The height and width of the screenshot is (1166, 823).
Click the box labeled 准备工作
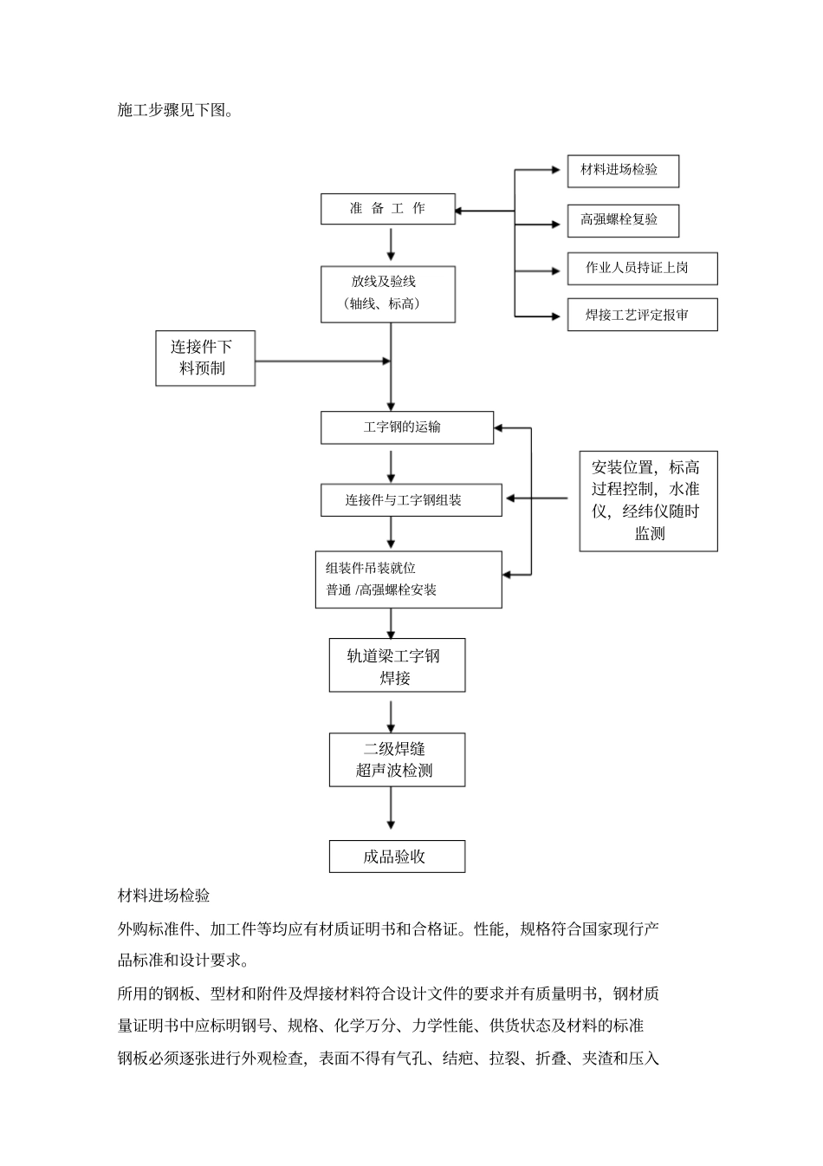[387, 209]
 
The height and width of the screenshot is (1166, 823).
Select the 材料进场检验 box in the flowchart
[622, 171]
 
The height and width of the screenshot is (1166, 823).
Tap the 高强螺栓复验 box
[622, 220]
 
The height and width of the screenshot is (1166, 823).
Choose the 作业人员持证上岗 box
[641, 268]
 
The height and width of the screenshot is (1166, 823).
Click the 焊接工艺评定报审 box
[641, 315]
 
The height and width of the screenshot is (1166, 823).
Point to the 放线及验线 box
[387, 293]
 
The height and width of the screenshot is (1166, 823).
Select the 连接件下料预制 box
[204, 358]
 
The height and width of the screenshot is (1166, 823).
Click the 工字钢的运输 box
[406, 427]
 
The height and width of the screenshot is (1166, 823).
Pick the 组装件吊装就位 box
[407, 579]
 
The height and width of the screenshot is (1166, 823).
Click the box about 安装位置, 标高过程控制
[648, 501]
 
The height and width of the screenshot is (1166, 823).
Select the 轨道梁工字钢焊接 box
[396, 666]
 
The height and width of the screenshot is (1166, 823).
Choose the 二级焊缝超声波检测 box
[396, 759]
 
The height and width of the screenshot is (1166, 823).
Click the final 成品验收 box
[396, 857]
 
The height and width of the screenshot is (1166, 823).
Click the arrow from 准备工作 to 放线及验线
[392, 244]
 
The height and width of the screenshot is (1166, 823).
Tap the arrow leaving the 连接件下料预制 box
[321, 362]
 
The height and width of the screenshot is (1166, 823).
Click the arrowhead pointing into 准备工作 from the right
[461, 211]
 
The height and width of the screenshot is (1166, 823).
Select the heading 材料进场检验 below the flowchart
[164, 896]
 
